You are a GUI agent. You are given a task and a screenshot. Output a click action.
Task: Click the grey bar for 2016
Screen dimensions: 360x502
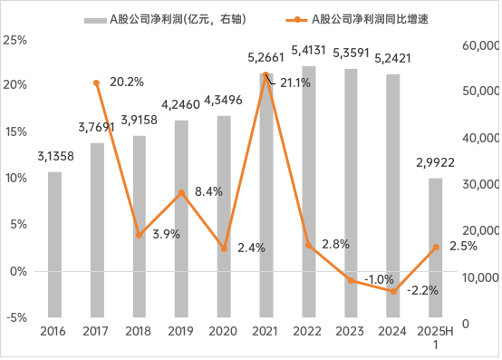pos(54,244)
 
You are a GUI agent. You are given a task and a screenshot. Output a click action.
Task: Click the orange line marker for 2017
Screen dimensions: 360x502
pos(97,83)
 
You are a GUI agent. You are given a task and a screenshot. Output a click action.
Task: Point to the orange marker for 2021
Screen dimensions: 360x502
pos(266,75)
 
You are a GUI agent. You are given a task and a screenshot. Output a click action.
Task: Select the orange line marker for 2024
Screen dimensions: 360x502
pos(393,291)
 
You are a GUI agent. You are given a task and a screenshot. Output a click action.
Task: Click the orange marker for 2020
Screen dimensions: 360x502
pos(224,248)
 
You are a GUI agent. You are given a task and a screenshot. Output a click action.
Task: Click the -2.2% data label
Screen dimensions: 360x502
pos(423,290)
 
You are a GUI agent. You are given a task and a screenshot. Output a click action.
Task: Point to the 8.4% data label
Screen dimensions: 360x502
pos(208,191)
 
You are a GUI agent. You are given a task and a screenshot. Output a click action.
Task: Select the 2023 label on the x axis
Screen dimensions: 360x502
pos(351,332)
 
